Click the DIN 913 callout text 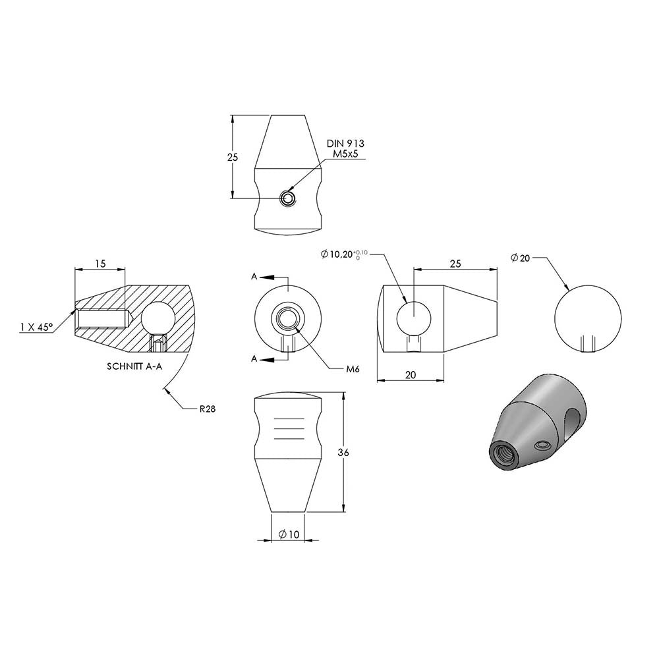(x=345, y=143)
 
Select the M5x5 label (x=345, y=154)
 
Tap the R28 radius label (x=208, y=409)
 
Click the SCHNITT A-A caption (x=134, y=366)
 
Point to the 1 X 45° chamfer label (x=36, y=327)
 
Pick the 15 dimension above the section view (x=100, y=264)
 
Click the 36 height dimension (x=343, y=453)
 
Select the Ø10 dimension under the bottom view (x=289, y=534)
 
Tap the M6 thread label (x=353, y=370)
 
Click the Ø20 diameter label (x=521, y=258)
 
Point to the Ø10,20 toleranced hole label (x=344, y=254)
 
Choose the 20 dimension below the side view (x=411, y=374)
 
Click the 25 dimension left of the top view (x=233, y=158)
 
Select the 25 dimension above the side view (x=455, y=264)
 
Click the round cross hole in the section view (x=158, y=318)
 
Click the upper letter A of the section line (x=254, y=277)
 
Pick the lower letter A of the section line (x=254, y=359)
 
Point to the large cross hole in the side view (x=414, y=318)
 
